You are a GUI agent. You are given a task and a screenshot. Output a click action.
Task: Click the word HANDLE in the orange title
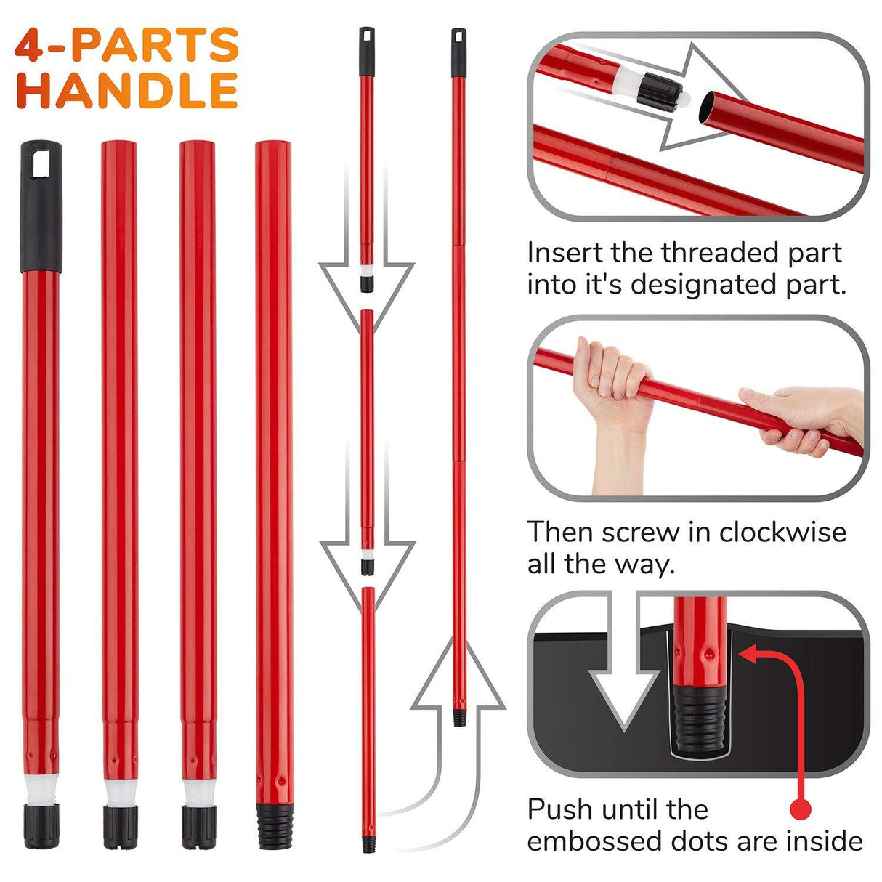[127, 92]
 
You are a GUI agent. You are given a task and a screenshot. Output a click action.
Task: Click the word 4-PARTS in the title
[127, 45]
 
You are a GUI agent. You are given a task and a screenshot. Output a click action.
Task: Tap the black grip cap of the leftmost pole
[41, 205]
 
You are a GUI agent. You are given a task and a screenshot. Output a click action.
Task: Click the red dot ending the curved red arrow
[800, 808]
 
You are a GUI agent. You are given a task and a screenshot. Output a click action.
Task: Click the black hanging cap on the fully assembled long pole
[458, 52]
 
